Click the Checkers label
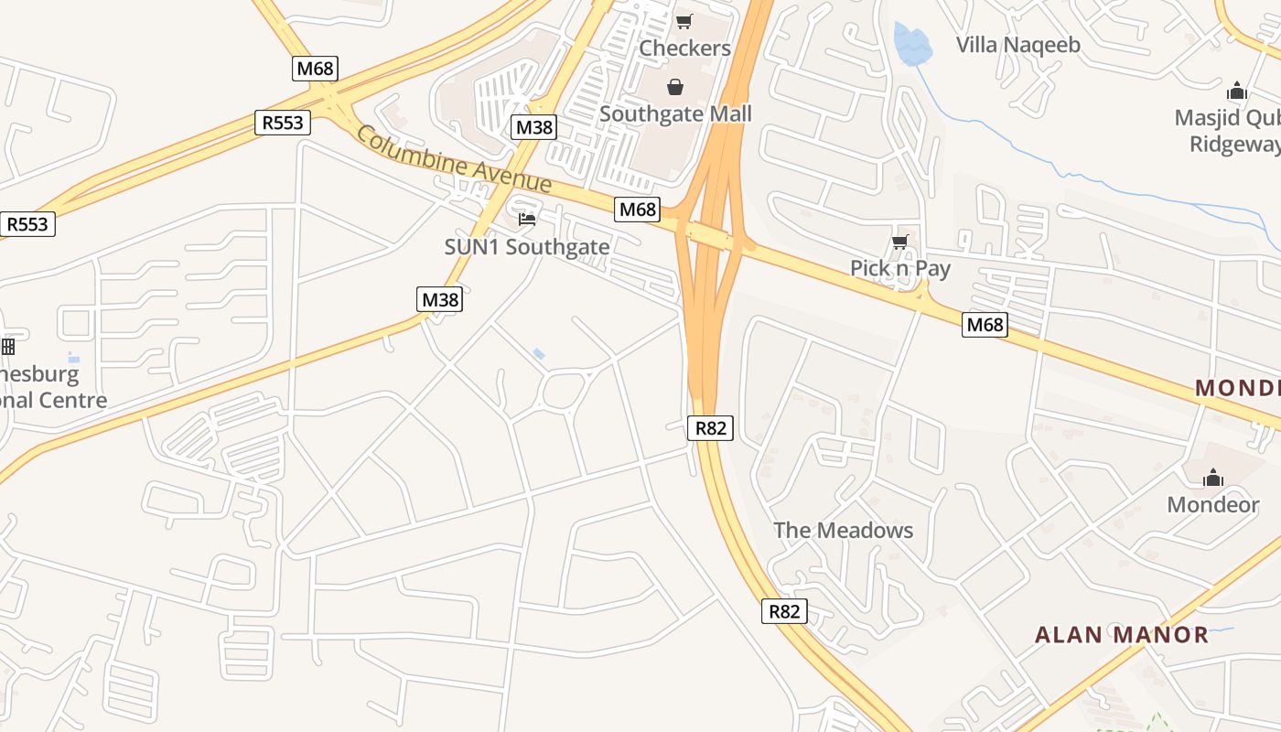pos(684,48)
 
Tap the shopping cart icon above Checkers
pos(684,21)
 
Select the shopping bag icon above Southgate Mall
pos(674,87)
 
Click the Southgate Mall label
pos(675,114)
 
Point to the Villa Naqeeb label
pos(1017,45)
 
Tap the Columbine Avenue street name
pos(454,160)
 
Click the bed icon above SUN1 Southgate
pos(526,219)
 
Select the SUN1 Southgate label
pos(526,247)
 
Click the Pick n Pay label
pos(900,268)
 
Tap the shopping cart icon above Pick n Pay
pos(899,242)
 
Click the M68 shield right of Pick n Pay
pos(985,324)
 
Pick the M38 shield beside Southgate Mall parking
pos(533,127)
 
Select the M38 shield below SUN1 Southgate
pos(440,299)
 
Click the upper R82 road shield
pos(711,427)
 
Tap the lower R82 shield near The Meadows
pos(784,611)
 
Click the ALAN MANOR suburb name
pos(1121,635)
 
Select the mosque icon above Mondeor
pos(1213,478)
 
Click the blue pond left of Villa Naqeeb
pos(911,44)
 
